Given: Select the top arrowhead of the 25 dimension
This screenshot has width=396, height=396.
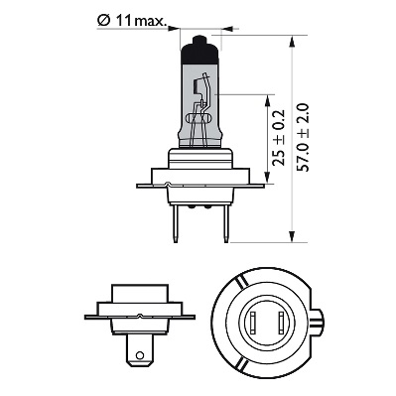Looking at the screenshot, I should click(269, 96).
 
